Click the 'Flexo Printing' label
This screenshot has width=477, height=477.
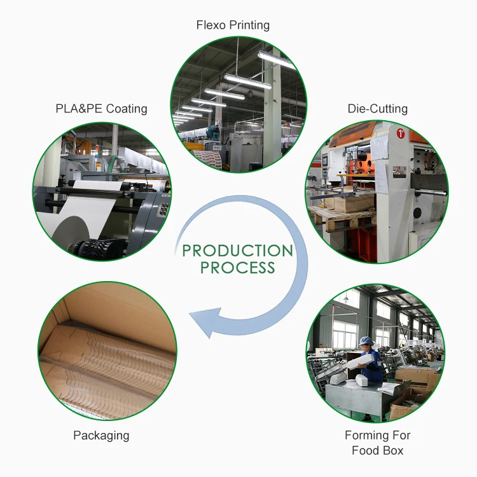(x=233, y=25)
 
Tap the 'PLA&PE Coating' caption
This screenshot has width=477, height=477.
(x=101, y=109)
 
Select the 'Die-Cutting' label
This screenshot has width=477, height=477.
(x=377, y=109)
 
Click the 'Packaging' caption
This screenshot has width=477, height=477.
(x=101, y=436)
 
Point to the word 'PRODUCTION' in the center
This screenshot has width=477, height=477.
(x=237, y=250)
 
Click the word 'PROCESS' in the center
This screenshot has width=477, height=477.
(x=237, y=268)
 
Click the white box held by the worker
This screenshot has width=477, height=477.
(x=361, y=359)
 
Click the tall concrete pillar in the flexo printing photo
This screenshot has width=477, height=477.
(x=272, y=108)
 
